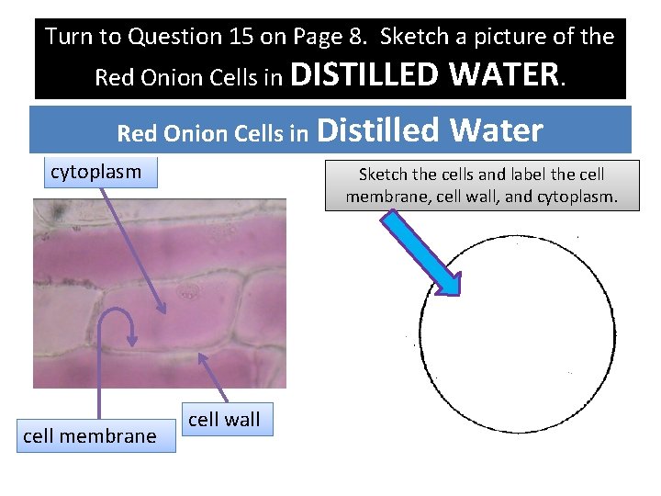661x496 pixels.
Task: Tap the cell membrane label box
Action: [x=89, y=436]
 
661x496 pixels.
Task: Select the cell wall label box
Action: [x=224, y=420]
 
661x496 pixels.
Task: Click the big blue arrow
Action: [x=423, y=253]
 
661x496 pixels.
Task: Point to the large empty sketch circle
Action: [x=517, y=332]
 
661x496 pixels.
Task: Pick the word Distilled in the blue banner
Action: [x=377, y=131]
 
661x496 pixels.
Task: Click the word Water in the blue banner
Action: [x=496, y=131]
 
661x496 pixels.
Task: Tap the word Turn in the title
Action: [x=69, y=37]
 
